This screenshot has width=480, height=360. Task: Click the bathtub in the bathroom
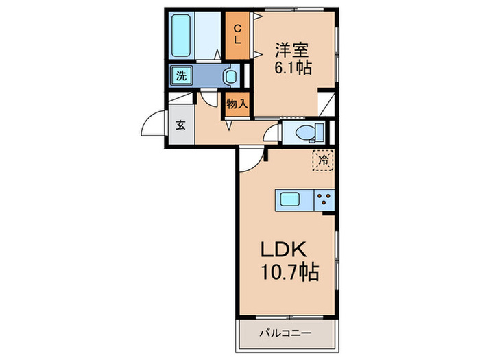point(180,36)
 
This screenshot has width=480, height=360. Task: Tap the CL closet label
point(237,34)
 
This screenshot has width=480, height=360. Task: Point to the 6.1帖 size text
point(293,68)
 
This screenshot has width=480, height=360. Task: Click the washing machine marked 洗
point(181,75)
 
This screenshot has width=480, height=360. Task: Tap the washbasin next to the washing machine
point(230,76)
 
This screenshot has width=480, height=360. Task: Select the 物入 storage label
point(237,104)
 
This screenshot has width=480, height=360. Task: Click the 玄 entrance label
point(180,125)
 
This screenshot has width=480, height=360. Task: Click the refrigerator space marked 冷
point(323,160)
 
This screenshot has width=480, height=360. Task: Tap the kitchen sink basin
point(290,200)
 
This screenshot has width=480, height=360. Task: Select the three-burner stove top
point(324,200)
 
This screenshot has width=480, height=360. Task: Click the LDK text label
point(283,250)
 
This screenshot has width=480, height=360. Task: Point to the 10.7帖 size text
point(290,272)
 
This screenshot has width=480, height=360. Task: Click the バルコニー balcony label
point(286,333)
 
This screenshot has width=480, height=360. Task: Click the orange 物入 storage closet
point(237,104)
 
